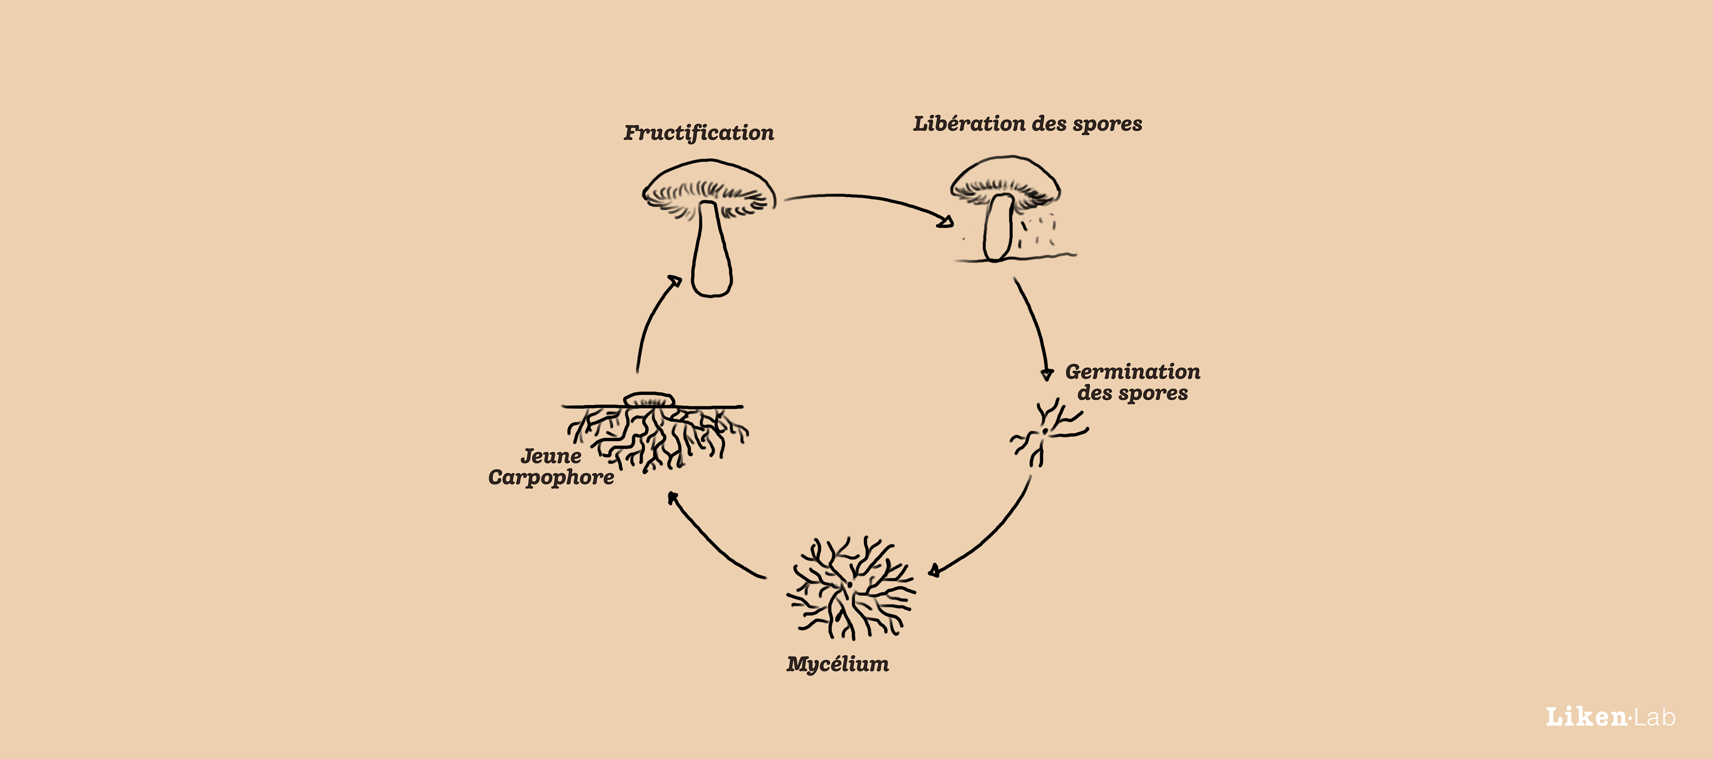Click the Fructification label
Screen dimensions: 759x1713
(x=698, y=133)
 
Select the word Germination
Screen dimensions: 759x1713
(x=1133, y=371)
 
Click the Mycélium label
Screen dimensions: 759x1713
(x=837, y=664)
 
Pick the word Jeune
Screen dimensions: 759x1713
(x=550, y=456)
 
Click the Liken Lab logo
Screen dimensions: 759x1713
(x=1609, y=717)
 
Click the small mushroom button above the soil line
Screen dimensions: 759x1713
(x=649, y=399)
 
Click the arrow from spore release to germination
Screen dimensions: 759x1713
(x=1034, y=326)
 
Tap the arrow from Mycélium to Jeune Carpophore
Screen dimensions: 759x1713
(x=712, y=540)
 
